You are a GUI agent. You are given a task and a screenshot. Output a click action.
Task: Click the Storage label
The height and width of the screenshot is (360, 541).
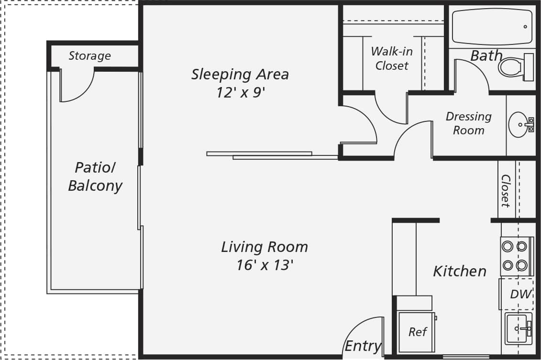click(x=89, y=56)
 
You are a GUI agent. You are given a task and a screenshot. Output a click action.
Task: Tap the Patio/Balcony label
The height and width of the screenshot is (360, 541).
click(x=95, y=177)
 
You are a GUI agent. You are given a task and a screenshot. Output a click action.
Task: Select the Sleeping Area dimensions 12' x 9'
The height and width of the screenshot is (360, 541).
click(x=240, y=92)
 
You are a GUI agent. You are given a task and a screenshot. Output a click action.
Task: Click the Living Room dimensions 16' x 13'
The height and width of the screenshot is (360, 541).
click(x=264, y=265)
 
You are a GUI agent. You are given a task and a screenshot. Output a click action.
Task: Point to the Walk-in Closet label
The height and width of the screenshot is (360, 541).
click(x=392, y=58)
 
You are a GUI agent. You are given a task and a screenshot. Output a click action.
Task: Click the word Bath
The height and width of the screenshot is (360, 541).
click(x=486, y=56)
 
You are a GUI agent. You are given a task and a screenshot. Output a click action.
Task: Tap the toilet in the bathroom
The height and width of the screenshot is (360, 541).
click(x=515, y=67)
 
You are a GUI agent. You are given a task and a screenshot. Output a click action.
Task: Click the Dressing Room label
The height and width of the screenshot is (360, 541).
click(x=468, y=123)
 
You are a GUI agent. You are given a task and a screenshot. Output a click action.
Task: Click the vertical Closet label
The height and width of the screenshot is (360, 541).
click(x=506, y=190)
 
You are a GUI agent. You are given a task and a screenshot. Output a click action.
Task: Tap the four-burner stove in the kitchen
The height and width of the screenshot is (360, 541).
click(x=515, y=256)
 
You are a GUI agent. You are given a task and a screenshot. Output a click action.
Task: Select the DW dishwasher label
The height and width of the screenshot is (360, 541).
click(x=520, y=295)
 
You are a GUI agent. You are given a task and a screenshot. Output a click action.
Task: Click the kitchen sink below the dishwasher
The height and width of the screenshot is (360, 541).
click(x=518, y=329)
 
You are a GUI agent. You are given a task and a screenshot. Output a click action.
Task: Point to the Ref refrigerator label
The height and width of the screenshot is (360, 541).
click(x=417, y=332)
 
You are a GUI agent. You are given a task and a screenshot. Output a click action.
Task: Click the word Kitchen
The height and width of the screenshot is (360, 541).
click(x=459, y=272)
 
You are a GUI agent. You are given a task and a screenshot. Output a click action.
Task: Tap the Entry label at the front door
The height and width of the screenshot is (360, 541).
click(x=363, y=346)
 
